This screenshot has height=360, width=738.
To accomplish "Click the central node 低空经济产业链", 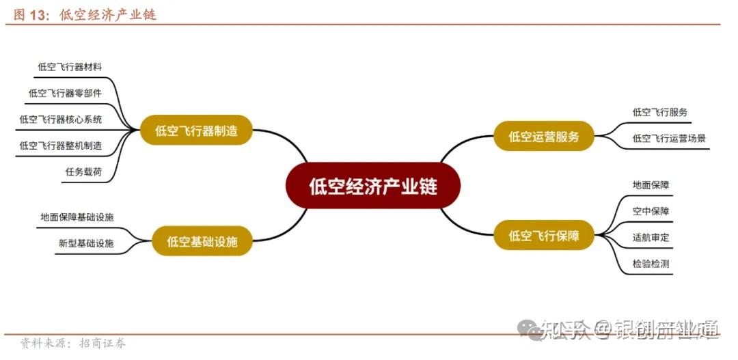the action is tap(373, 186).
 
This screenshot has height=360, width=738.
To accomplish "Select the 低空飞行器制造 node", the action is tap(196, 130).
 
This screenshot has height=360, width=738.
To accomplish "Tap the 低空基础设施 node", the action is tap(202, 241).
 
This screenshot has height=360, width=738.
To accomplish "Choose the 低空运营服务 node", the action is tap(544, 136).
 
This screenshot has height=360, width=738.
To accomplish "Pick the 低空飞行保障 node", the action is tap(544, 236).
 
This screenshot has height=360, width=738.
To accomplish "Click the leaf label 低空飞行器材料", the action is tap(70, 67).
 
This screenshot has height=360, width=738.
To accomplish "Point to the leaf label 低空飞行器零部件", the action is tap(65, 94).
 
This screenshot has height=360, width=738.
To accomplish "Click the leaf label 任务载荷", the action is tap(83, 172).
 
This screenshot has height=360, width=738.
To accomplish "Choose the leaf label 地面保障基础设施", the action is tap(77, 217).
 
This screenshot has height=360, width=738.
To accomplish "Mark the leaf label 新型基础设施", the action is tap(86, 243).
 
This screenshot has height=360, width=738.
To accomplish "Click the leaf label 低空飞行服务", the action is tap(659, 112).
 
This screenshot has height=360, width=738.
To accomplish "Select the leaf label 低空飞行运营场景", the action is tap(669, 138).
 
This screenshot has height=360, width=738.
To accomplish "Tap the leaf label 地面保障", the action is tap(651, 184).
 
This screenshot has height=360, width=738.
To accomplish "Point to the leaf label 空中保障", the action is tap(651, 211).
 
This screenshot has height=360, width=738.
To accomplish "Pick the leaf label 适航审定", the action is tap(651, 238).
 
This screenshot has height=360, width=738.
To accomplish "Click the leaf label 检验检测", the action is tap(651, 264).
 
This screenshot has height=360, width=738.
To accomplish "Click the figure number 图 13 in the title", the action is tap(28, 14).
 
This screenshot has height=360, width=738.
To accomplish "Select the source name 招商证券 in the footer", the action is tap(102, 343).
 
